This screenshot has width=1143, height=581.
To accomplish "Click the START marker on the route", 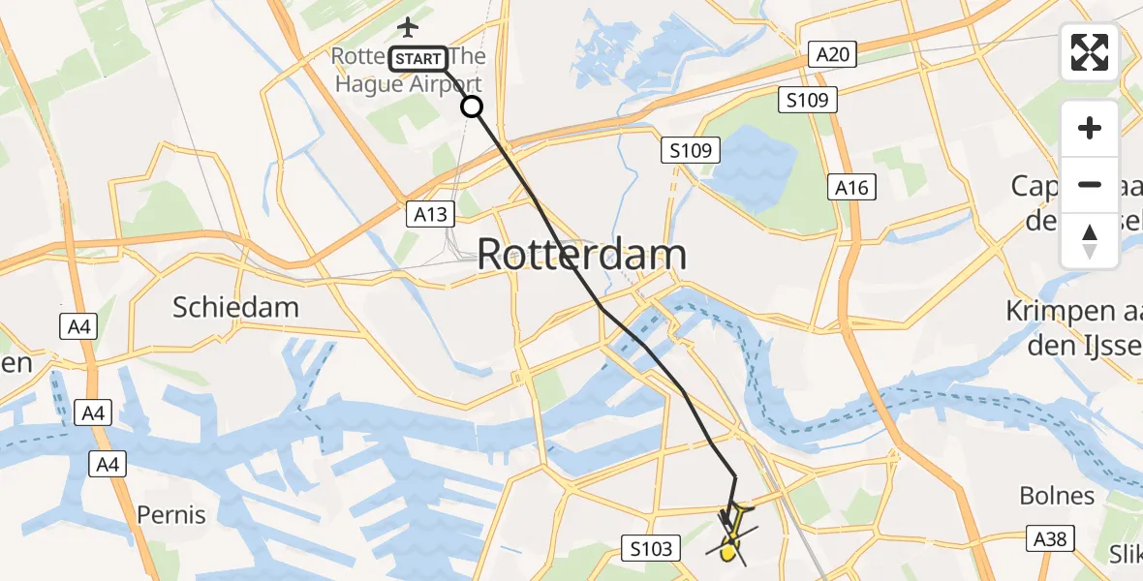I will [x=418, y=59].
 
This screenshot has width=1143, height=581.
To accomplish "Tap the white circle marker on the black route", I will [x=472, y=107].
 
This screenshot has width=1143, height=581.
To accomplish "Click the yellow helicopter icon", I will [x=732, y=539].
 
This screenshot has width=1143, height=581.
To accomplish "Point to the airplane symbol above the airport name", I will [x=408, y=26].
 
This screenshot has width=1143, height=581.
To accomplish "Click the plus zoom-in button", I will [x=1090, y=128].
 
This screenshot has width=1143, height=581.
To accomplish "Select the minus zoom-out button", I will [x=1090, y=184].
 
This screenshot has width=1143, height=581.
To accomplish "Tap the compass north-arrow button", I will [x=1090, y=241].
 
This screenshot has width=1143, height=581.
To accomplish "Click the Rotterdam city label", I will [x=582, y=255].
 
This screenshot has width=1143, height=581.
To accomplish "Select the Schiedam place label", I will [x=235, y=308].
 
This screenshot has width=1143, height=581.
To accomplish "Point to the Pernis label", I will [x=171, y=514].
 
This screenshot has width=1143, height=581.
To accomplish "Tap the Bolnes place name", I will [x=1057, y=496].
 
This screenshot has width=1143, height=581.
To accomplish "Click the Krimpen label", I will [x=1073, y=312].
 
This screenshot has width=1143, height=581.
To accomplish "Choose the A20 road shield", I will [x=833, y=54].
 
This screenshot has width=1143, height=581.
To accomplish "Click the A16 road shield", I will [x=851, y=189].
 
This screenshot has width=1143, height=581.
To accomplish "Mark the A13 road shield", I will [x=425, y=210].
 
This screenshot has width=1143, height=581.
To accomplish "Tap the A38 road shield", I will [x=1050, y=538].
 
